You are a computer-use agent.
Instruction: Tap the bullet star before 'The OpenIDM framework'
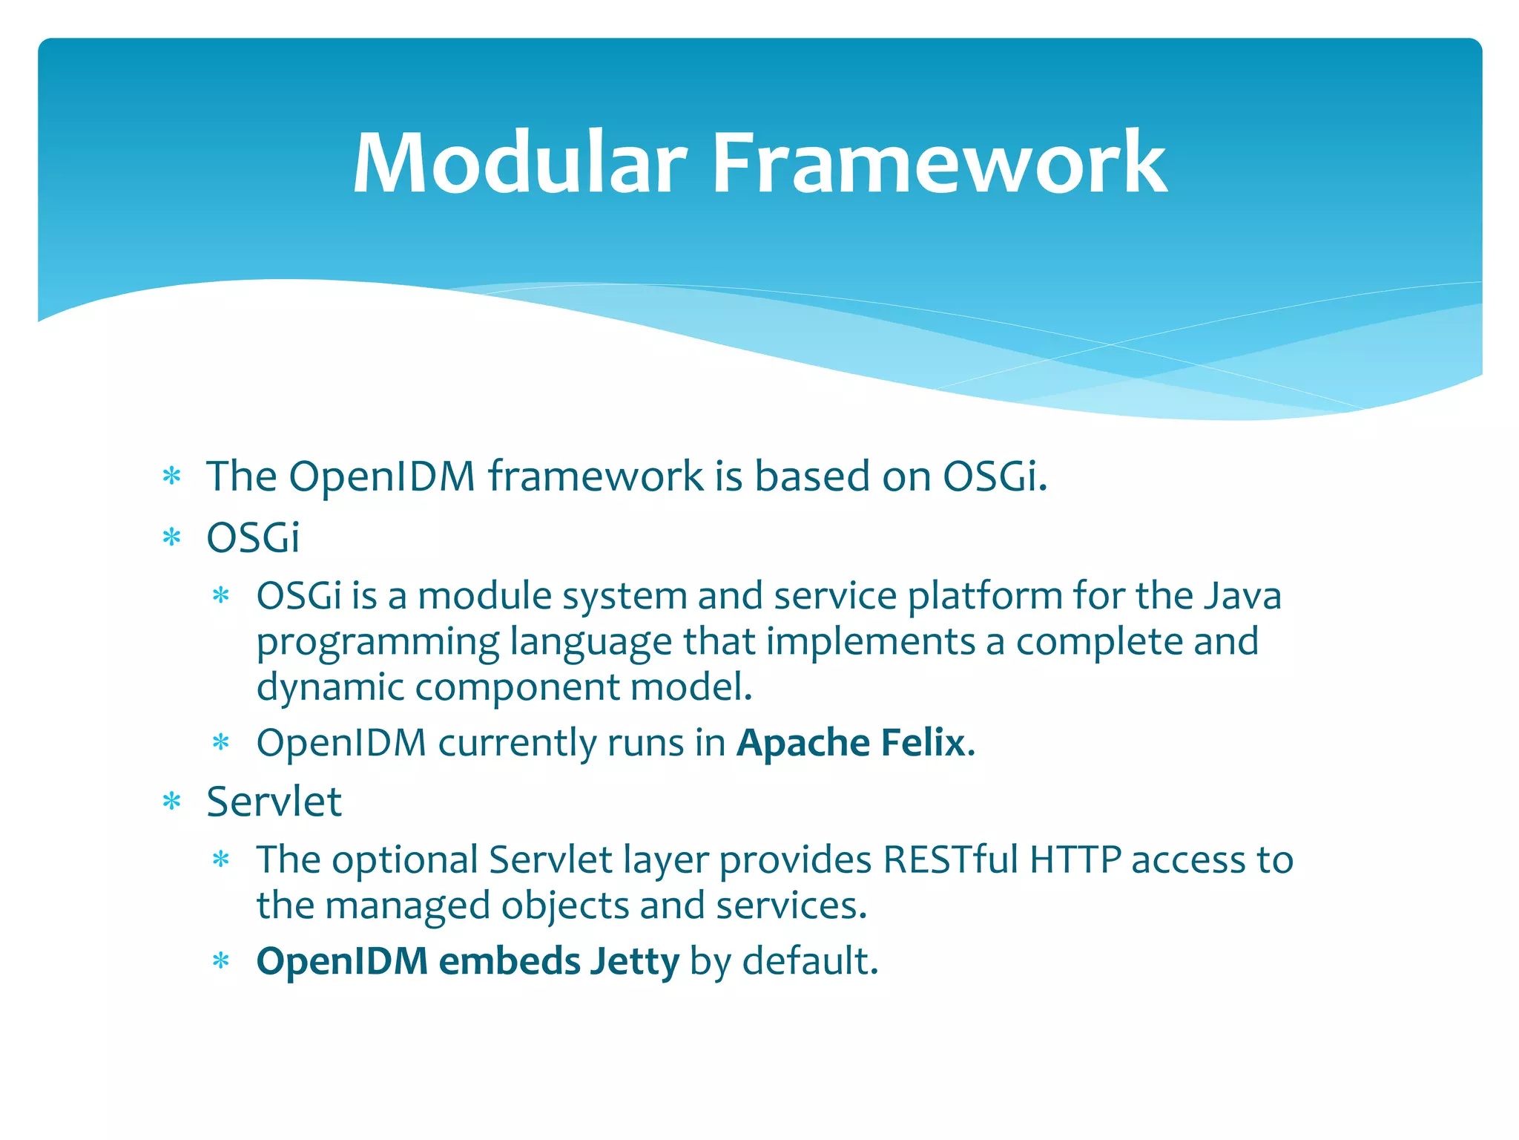[x=171, y=476]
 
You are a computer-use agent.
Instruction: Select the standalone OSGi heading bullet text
[x=253, y=537]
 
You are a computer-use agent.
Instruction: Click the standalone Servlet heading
[x=274, y=802]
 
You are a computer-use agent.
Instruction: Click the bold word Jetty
[x=634, y=961]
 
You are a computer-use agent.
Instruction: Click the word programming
[x=377, y=643]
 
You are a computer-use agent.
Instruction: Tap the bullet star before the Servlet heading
[x=171, y=802]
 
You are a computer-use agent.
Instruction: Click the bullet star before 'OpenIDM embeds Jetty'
[x=221, y=962]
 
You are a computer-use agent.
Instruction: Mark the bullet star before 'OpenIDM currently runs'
[x=221, y=743]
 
